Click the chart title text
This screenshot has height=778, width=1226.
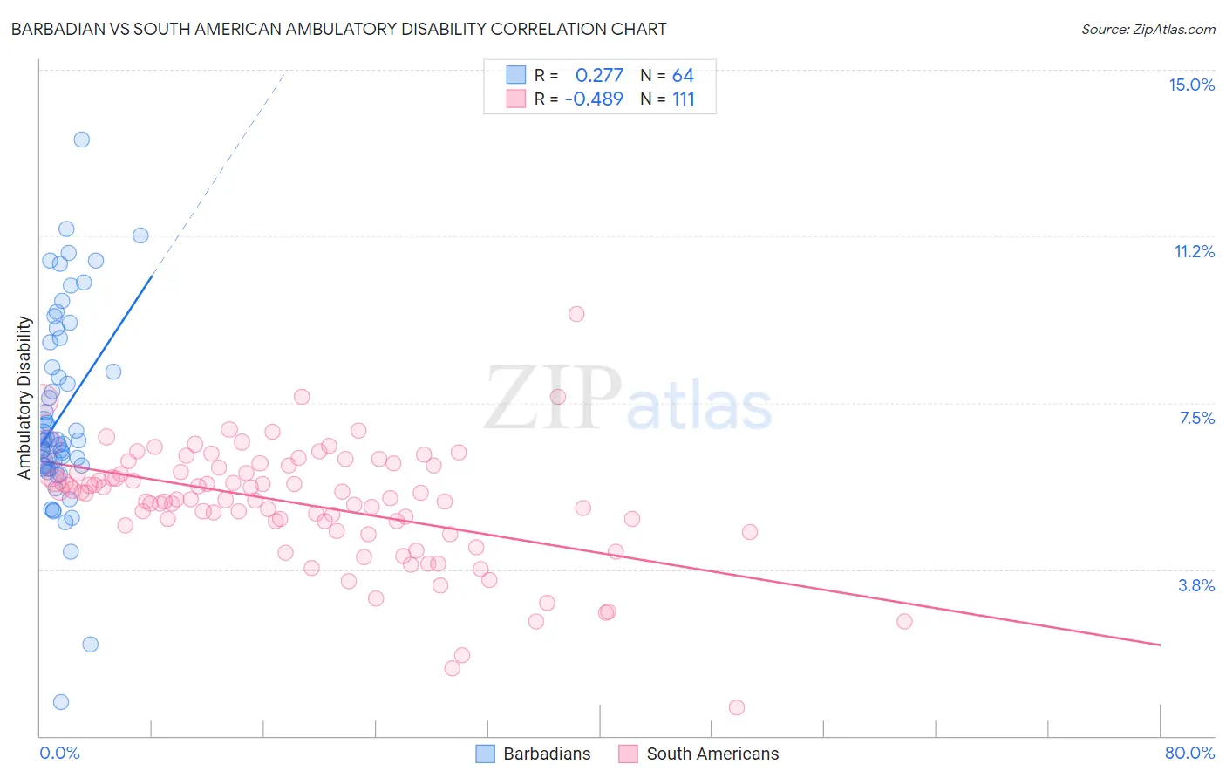click(x=338, y=29)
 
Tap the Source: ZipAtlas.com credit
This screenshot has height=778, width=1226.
click(x=1148, y=29)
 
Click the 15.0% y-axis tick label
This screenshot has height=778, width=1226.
click(x=1191, y=85)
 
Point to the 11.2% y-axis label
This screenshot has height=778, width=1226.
click(x=1194, y=251)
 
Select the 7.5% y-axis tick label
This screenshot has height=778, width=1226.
click(x=1196, y=418)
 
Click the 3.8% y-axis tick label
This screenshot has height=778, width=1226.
click(x=1196, y=585)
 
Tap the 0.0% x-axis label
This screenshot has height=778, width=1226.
click(x=59, y=753)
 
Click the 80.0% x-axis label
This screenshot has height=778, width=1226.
click(x=1189, y=753)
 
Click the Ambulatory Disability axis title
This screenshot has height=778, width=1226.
click(x=24, y=397)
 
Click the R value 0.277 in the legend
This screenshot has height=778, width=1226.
click(x=599, y=75)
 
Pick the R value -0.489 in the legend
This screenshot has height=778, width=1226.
click(x=594, y=99)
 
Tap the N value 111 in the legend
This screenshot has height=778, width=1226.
click(x=684, y=99)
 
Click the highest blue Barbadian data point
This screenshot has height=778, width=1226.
click(x=81, y=140)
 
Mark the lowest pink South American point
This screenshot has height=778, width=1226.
click(x=737, y=707)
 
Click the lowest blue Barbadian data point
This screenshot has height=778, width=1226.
click(x=60, y=702)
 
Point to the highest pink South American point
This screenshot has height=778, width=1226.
click(x=576, y=314)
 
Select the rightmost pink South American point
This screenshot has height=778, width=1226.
click(x=904, y=621)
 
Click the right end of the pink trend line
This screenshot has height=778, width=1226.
click(x=1160, y=645)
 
